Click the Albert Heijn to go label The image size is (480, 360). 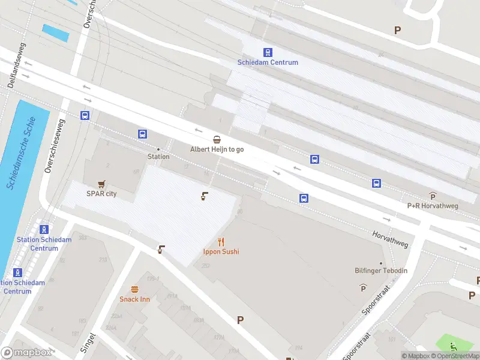click(x=217, y=149)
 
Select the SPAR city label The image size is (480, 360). click(x=101, y=194)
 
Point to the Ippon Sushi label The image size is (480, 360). click(x=221, y=252)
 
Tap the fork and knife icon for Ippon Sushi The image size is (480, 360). click(x=221, y=242)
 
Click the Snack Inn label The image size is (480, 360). click(x=134, y=299)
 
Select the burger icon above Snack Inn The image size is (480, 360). click(x=134, y=290)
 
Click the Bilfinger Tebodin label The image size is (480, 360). click(x=381, y=271)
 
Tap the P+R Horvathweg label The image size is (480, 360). click(x=433, y=206)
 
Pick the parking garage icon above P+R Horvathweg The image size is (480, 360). click(x=433, y=196)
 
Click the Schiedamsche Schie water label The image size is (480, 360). click(x=22, y=153)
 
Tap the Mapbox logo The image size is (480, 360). click(x=26, y=353)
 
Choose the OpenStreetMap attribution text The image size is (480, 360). click(x=454, y=356)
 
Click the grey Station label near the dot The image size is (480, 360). click(x=158, y=157)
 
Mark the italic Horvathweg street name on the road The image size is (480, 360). click(x=390, y=239)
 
